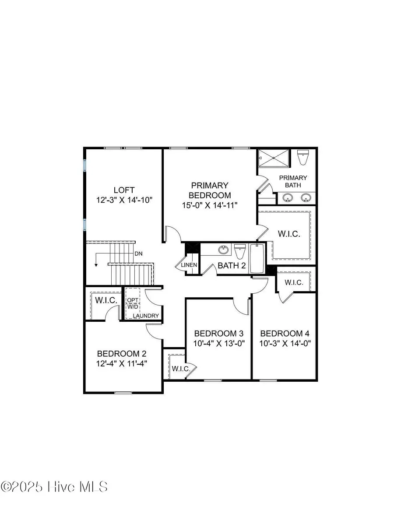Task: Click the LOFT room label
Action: point(124,190)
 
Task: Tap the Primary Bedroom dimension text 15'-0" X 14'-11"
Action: point(210,205)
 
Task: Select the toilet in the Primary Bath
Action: point(303,158)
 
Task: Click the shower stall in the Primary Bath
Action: point(274,158)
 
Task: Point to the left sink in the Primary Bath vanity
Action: point(287,197)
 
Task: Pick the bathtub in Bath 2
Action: point(257,259)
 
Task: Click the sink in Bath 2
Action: point(223,250)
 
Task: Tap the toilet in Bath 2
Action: point(240,251)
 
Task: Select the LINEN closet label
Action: point(189,265)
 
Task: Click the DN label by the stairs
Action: point(138,254)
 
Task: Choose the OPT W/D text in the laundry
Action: point(132,303)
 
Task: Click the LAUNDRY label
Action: point(146,316)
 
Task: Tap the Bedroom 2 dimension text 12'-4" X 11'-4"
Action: point(122,363)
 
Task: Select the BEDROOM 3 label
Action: point(218,334)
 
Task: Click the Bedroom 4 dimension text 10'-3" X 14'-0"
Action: point(285,343)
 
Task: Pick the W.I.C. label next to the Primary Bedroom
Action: point(289,234)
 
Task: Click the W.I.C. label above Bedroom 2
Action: point(106,300)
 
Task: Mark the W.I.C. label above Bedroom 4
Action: point(294,282)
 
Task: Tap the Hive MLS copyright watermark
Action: point(54,487)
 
